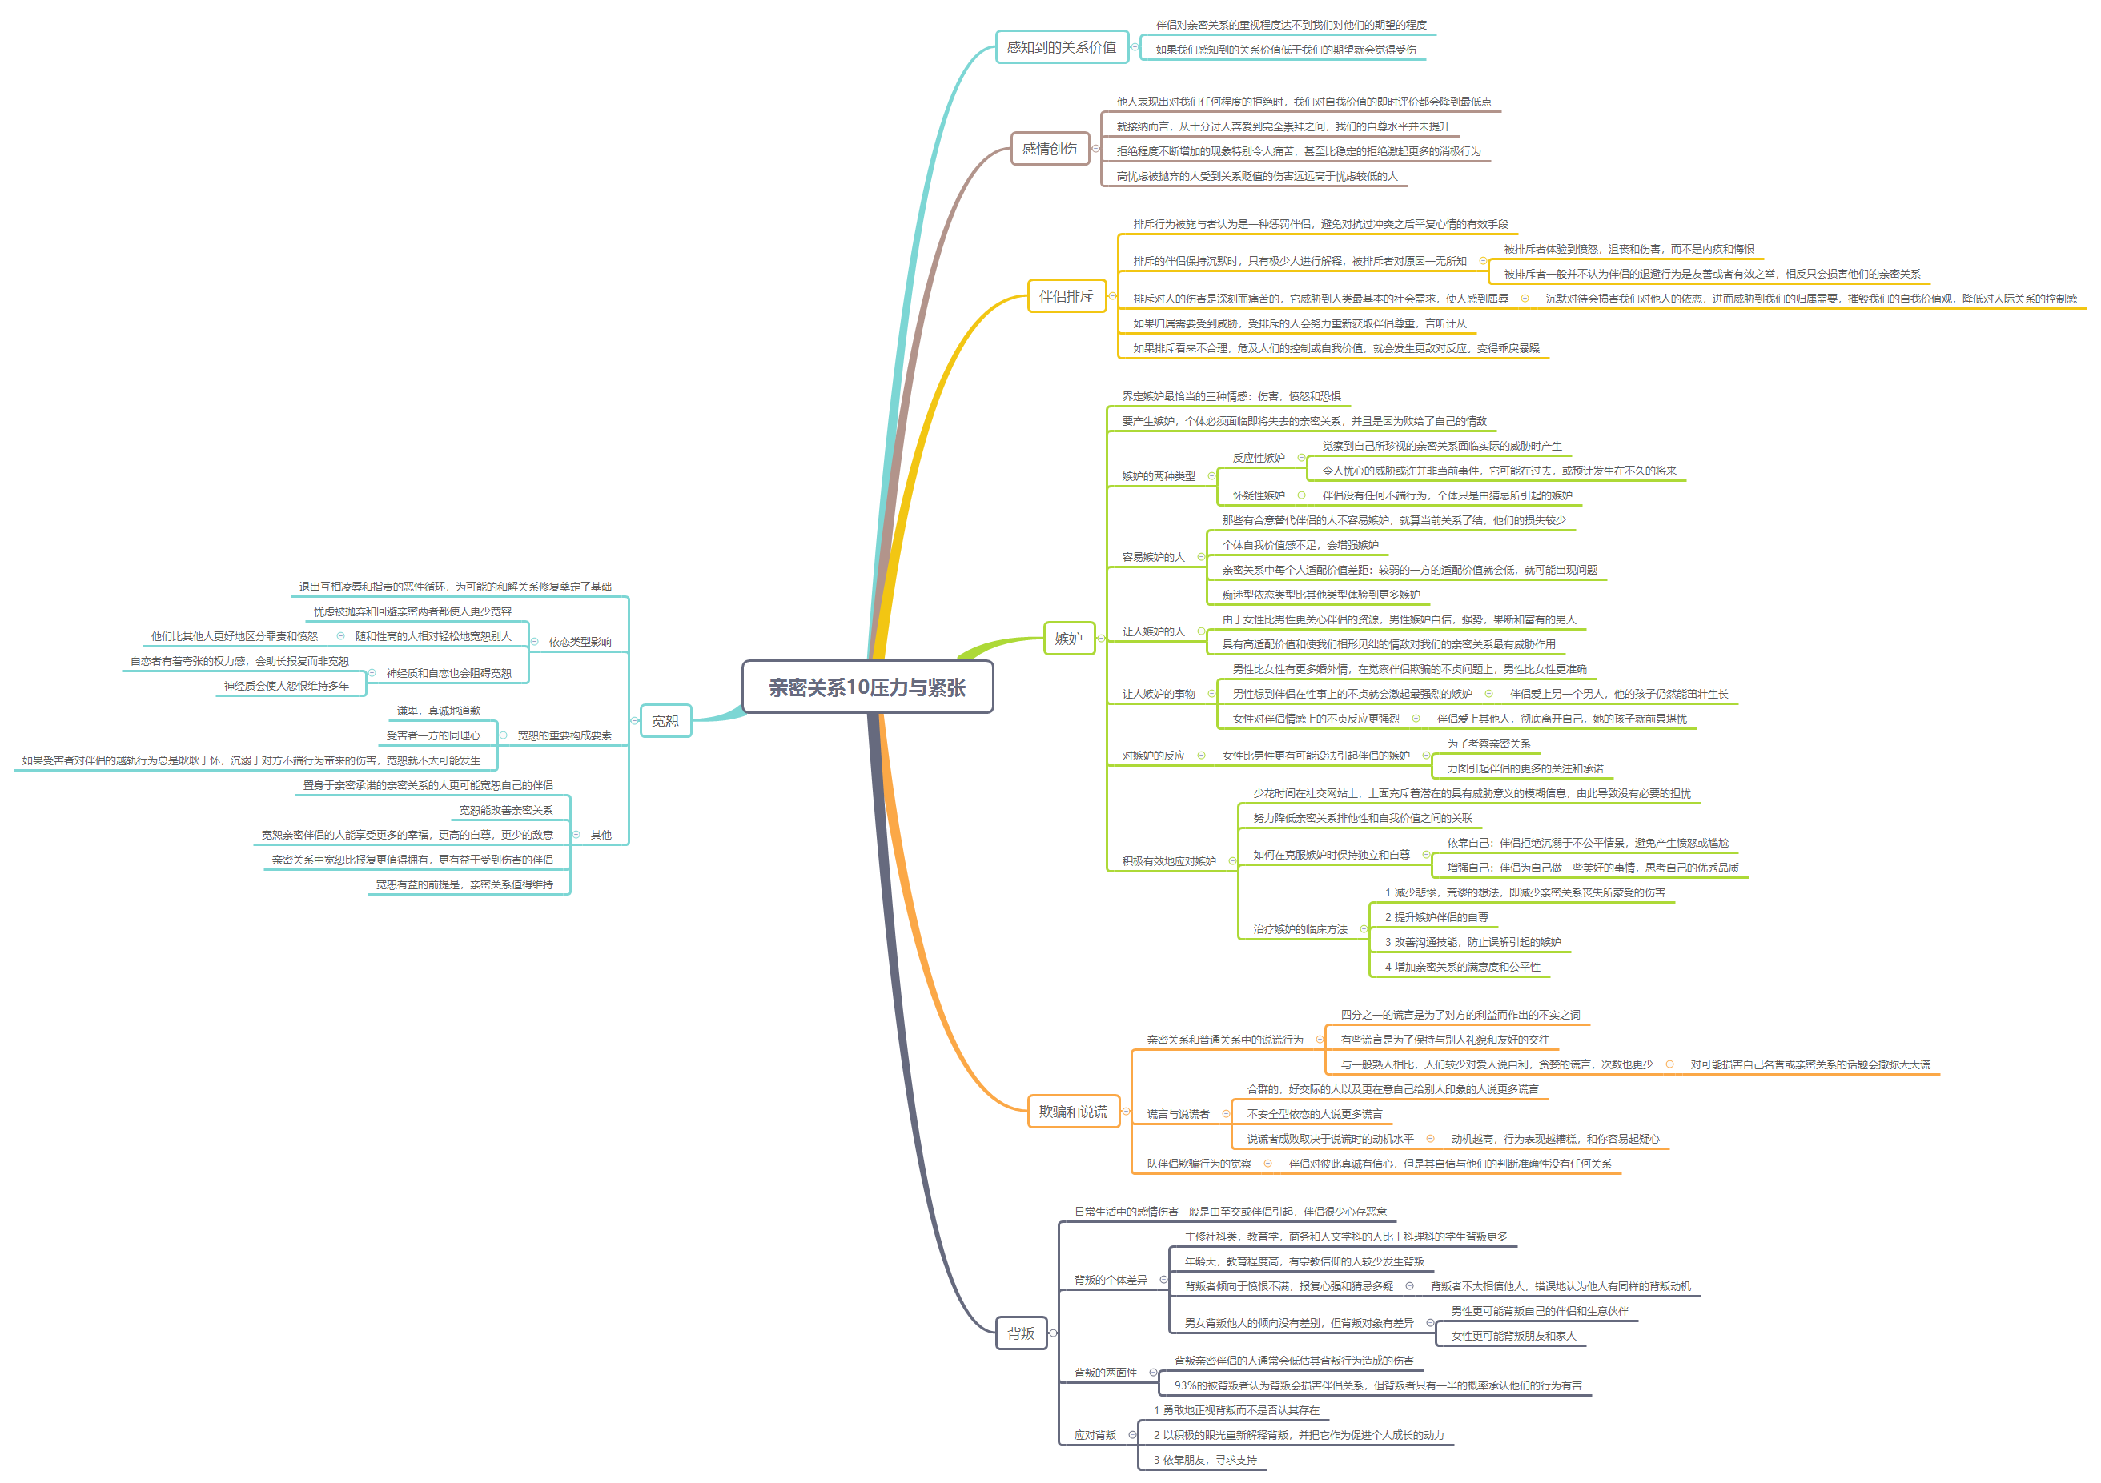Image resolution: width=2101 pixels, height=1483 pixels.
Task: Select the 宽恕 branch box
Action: coord(665,721)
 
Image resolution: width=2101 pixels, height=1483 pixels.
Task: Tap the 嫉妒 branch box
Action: coord(1068,639)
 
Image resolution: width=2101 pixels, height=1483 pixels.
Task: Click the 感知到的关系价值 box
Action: coord(1061,46)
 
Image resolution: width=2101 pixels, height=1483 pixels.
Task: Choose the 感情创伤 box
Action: coord(1049,148)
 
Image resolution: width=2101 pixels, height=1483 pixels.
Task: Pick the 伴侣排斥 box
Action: coord(1065,296)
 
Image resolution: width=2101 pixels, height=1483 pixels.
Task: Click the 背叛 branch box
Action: coord(1020,1333)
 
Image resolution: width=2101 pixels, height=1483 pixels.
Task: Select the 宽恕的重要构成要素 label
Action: coord(564,735)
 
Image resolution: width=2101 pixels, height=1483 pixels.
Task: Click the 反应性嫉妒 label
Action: coord(1258,458)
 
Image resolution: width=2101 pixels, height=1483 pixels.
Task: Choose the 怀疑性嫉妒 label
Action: coord(1258,495)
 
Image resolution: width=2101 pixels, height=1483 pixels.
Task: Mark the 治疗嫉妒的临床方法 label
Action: coord(1300,929)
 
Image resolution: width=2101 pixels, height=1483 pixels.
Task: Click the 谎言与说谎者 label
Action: coord(1178,1114)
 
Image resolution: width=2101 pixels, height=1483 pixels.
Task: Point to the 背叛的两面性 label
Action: coord(1106,1373)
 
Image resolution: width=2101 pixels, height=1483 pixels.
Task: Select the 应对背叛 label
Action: coord(1095,1434)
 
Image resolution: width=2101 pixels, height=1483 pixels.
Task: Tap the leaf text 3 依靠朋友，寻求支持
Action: coord(1204,1459)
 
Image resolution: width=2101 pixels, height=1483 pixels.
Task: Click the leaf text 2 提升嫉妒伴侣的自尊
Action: coord(1436,916)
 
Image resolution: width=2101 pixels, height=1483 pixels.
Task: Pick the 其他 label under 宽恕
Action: coord(601,836)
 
